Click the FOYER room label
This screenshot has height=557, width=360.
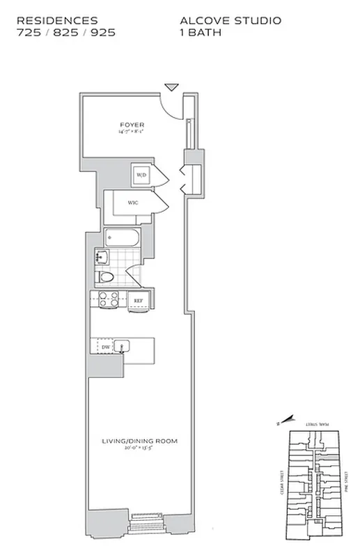132,125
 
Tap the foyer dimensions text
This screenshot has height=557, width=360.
132,132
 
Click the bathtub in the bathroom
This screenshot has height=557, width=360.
123,239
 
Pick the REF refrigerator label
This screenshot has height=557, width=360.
139,301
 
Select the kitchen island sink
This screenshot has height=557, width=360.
124,345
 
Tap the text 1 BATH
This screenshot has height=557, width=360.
199,32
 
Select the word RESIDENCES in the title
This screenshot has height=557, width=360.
57,21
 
